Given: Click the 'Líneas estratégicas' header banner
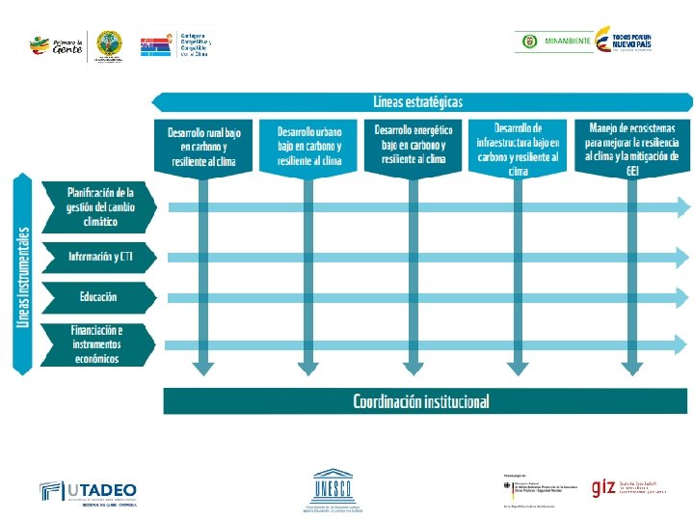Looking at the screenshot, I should pyautogui.click(x=419, y=101).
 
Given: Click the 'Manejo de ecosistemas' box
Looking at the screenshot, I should pyautogui.click(x=631, y=147).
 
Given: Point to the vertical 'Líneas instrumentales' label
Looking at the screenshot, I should pyautogui.click(x=24, y=275).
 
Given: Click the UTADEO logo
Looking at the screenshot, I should pyautogui.click(x=89, y=491).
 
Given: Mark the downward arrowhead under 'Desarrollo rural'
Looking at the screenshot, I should pyautogui.click(x=202, y=367).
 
